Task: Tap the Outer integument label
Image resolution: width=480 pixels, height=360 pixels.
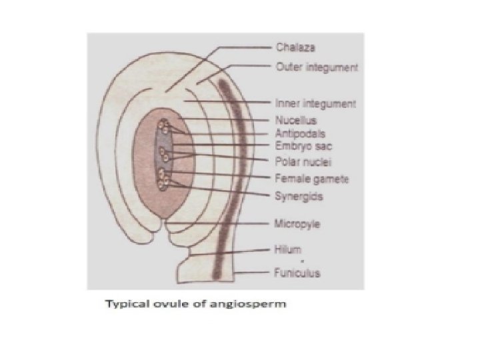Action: tap(317, 67)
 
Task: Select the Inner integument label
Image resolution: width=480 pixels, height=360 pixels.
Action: tap(315, 103)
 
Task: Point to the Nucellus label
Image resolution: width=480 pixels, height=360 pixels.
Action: tap(295, 121)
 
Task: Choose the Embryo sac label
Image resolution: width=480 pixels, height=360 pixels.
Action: tap(299, 145)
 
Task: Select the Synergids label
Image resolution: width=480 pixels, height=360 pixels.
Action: tap(296, 195)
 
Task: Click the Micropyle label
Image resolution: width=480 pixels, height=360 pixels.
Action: tap(297, 223)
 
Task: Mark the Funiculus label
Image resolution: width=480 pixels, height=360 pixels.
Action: tap(297, 273)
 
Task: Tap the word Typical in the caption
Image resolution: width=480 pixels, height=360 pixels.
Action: tap(124, 305)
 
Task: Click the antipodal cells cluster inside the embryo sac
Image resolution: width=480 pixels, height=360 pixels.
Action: tap(164, 127)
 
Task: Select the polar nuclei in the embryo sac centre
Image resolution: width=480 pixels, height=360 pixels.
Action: tap(165, 155)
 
